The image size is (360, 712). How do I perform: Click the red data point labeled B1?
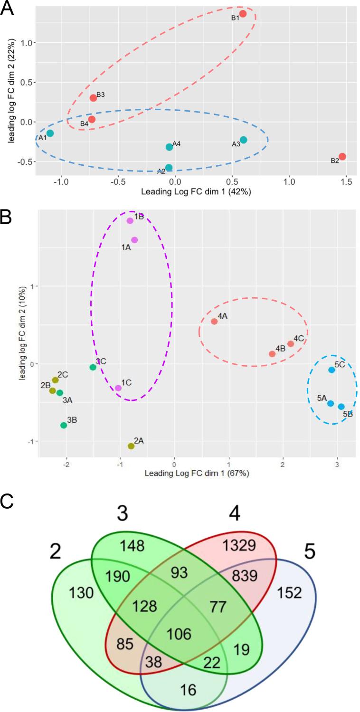[x=243, y=14]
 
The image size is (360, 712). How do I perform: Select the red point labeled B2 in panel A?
[x=342, y=157]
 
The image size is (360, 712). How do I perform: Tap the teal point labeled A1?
[x=50, y=133]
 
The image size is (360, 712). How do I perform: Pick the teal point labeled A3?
[x=244, y=140]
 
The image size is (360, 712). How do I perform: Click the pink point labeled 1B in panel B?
[x=130, y=220]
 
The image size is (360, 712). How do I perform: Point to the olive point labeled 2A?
[x=131, y=446]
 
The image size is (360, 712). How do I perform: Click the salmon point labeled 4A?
[x=214, y=322]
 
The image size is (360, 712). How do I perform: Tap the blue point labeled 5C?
[x=332, y=370]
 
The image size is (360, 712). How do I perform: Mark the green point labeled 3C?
[x=93, y=367]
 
